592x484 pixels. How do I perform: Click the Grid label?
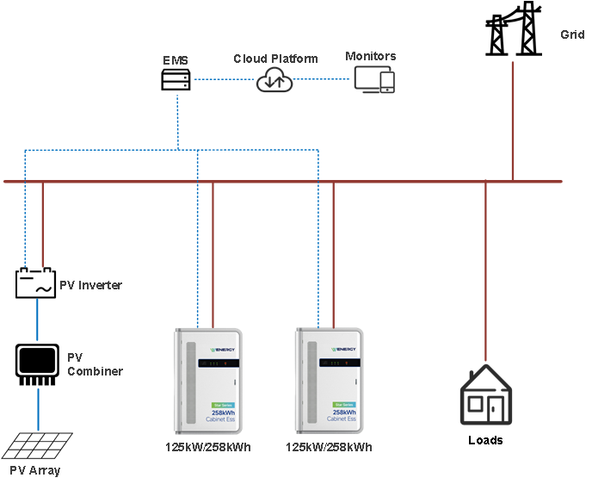572,34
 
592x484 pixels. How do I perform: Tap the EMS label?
176,61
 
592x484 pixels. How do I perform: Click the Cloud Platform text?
275,59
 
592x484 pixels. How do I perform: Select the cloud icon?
274,80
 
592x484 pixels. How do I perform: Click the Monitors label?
371,56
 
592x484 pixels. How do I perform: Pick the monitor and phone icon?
374,79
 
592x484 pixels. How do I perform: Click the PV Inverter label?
90,285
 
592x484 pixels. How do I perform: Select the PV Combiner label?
95,364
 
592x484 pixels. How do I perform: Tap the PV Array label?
35,471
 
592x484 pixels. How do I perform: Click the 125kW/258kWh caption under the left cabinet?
208,447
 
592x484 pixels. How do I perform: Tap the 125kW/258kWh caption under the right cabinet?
329,447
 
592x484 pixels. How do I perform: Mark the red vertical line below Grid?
513,121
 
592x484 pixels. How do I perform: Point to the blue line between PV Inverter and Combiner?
38,319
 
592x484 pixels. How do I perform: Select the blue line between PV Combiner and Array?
38,409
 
